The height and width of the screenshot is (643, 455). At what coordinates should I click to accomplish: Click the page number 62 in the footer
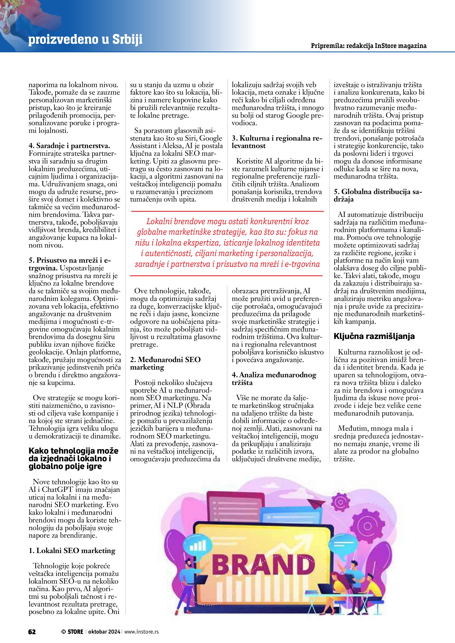pyautogui.click(x=32, y=632)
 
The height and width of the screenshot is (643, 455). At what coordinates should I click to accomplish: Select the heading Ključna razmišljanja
pyautogui.click(x=374, y=336)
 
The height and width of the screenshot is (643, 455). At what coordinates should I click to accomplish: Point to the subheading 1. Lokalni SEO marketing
pyautogui.click(x=72, y=551)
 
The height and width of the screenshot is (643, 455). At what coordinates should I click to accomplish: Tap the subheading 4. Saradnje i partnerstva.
pyautogui.click(x=69, y=146)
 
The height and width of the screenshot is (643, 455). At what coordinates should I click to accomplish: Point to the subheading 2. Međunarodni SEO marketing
pyautogui.click(x=165, y=363)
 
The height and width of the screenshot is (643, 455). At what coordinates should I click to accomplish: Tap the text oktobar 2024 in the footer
pyautogui.click(x=104, y=632)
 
